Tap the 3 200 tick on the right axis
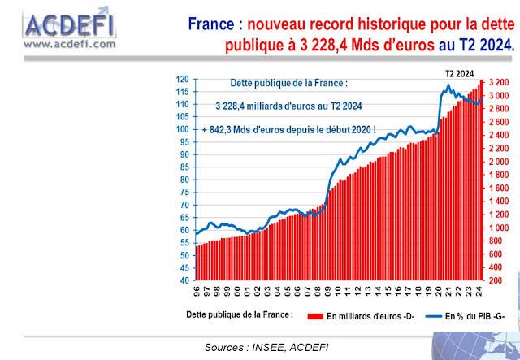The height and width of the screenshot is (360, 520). pos(500,83)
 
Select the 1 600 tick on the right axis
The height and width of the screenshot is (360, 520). pos(500,188)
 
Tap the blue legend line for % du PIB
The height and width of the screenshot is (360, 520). pos(427,314)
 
